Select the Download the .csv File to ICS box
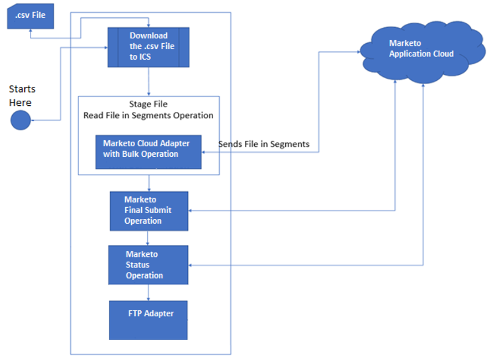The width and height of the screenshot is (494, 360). [x=148, y=47]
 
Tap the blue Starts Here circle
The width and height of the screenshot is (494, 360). [x=20, y=120]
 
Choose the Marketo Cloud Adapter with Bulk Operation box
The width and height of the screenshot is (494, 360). [x=148, y=151]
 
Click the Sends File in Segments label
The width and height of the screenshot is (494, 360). [x=264, y=144]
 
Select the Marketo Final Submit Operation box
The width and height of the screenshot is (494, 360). [x=148, y=210]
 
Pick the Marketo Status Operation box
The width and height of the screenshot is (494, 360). [x=148, y=265]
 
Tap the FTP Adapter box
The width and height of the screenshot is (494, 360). [x=148, y=320]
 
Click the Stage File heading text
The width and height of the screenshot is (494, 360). [x=148, y=104]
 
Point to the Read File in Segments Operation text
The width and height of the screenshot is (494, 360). [x=148, y=115]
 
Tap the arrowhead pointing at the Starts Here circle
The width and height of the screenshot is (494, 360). [x=33, y=120]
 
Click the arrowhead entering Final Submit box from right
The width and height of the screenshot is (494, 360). [x=192, y=210]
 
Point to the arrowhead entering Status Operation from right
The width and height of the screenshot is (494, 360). [x=192, y=265]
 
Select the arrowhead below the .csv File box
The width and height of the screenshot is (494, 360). [x=30, y=32]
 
